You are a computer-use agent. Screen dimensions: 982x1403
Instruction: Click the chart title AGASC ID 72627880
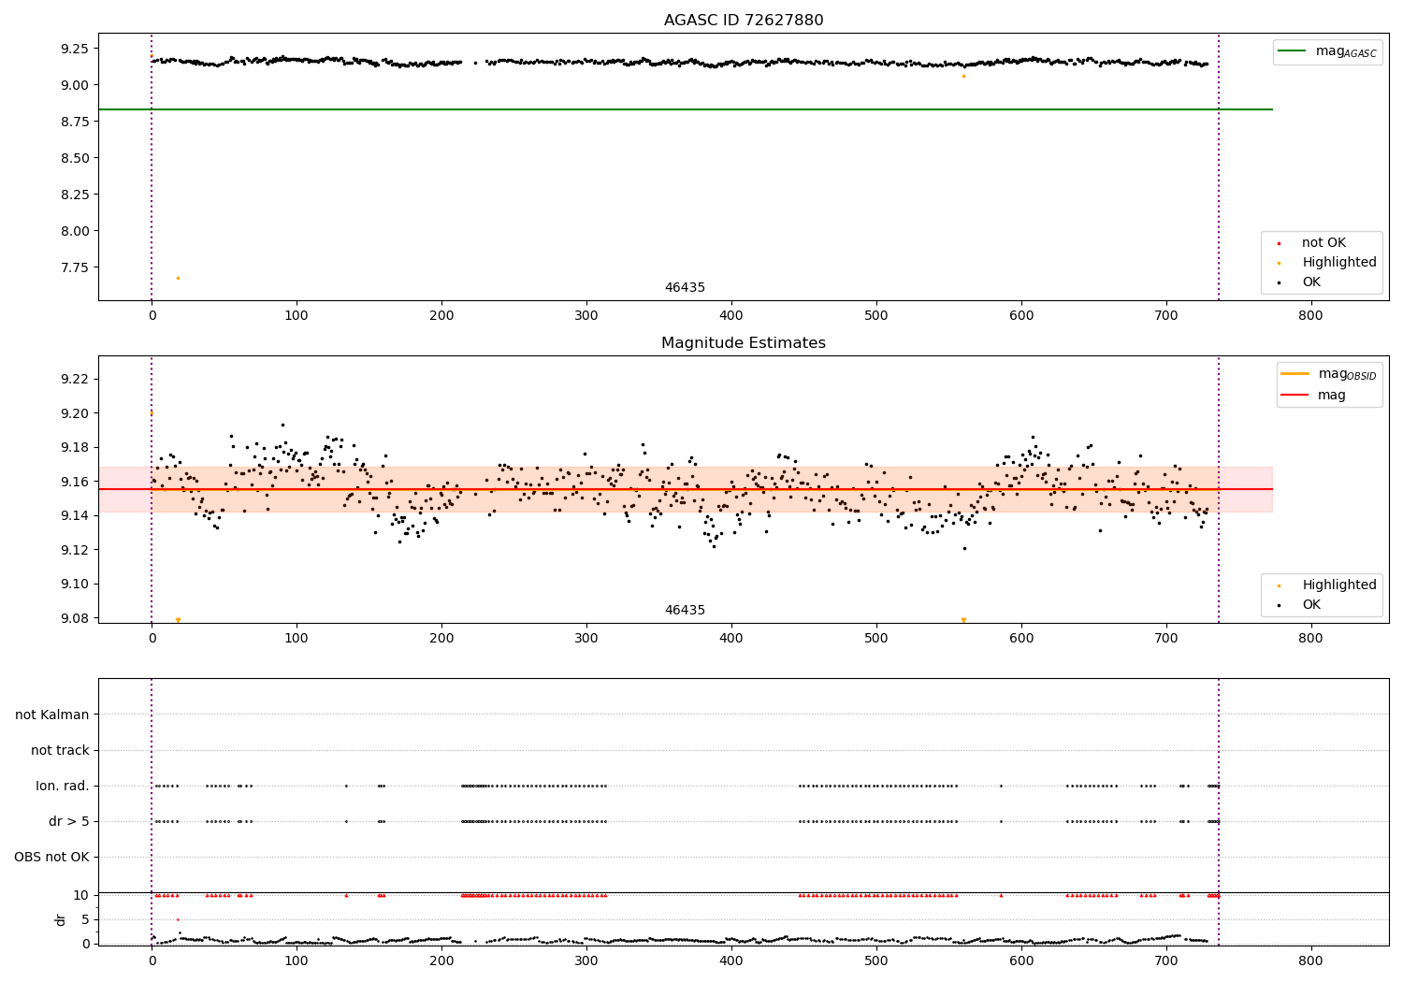point(744,21)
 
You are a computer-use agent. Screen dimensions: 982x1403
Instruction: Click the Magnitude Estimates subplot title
point(744,343)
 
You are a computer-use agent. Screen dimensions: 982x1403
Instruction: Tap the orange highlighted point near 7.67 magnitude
point(178,278)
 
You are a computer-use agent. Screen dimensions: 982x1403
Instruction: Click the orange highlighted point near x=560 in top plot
point(963,76)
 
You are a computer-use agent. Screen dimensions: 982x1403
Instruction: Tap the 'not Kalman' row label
point(52,715)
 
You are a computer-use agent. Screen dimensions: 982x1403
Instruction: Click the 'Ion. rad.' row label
point(63,787)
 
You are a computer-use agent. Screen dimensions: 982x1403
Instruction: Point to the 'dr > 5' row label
point(69,822)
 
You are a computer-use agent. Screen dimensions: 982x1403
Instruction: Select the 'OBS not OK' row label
point(51,858)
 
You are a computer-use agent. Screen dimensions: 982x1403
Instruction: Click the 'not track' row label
point(60,751)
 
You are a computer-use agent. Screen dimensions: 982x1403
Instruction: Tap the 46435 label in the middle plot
point(685,611)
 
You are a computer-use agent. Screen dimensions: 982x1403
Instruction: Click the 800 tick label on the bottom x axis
point(1310,960)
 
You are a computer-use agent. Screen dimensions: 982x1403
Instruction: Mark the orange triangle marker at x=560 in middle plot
point(963,620)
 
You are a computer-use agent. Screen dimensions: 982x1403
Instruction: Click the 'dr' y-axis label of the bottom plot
point(61,919)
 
